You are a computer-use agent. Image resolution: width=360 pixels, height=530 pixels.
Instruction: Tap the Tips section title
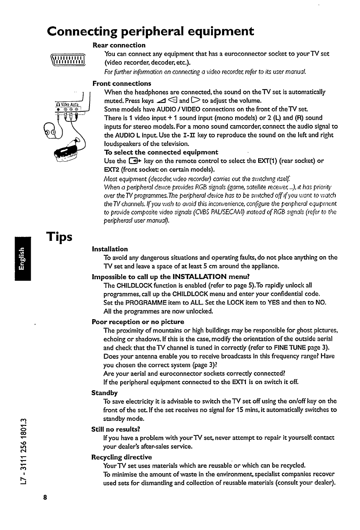click(x=59, y=237)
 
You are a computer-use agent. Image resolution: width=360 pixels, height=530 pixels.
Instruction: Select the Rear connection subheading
click(x=119, y=45)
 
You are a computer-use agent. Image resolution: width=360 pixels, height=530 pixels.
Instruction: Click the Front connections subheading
click(x=122, y=83)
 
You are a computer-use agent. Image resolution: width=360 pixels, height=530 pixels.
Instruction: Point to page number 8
click(x=45, y=497)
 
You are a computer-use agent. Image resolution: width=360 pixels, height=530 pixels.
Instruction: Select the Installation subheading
click(x=110, y=249)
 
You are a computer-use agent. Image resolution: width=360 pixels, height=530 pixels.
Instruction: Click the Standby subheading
click(x=105, y=393)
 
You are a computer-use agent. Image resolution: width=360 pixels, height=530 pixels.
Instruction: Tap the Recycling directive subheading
click(x=121, y=457)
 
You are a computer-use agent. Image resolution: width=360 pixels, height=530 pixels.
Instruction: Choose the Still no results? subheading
click(x=116, y=429)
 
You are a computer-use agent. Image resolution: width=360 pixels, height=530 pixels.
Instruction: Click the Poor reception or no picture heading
click(x=138, y=322)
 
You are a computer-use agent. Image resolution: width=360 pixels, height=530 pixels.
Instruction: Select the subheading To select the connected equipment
click(x=161, y=152)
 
